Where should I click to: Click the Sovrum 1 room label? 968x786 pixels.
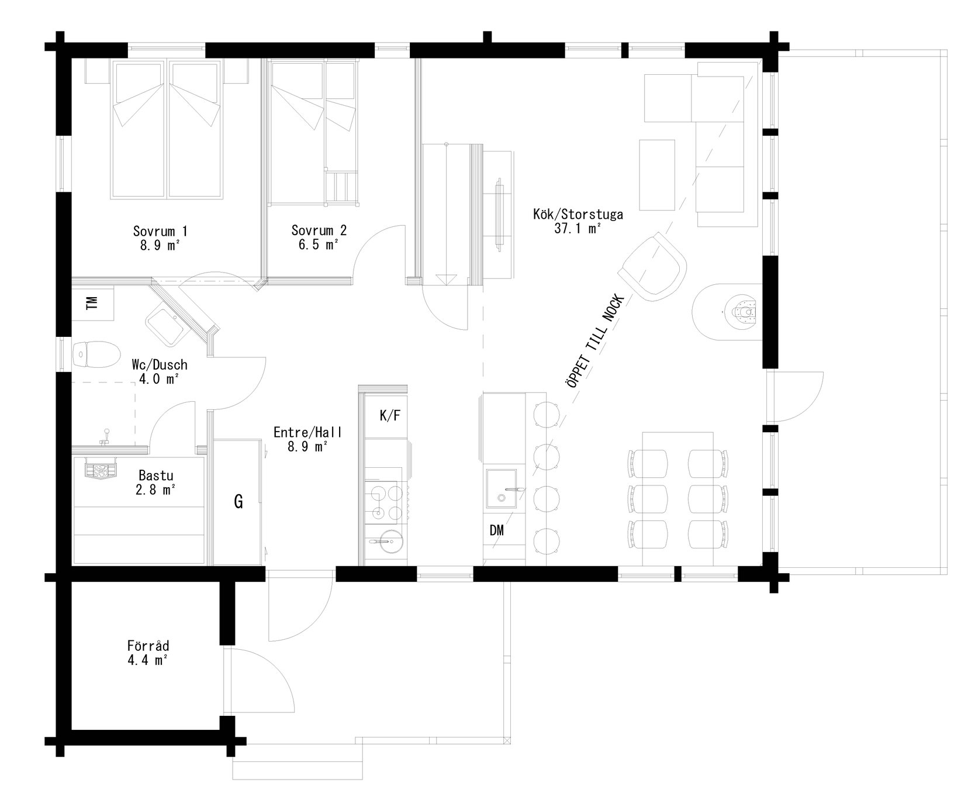coord(160,230)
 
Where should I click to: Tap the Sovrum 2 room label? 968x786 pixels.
coord(319,230)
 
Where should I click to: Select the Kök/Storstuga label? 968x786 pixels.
coord(578,215)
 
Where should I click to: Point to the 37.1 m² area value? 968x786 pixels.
coord(578,229)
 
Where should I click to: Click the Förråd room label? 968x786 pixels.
coord(148,646)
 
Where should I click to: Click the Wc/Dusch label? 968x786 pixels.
coord(160,365)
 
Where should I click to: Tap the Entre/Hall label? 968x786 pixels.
coord(307,433)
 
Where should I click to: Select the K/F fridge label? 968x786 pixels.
coord(390,416)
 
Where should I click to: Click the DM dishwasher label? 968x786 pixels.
coord(497,530)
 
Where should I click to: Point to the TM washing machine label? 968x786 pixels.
coord(91,303)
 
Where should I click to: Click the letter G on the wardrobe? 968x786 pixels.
coord(238,501)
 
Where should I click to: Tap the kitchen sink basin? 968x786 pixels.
coord(501,489)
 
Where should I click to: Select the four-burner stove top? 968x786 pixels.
coord(383,501)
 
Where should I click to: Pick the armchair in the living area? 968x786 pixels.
coord(652,267)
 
